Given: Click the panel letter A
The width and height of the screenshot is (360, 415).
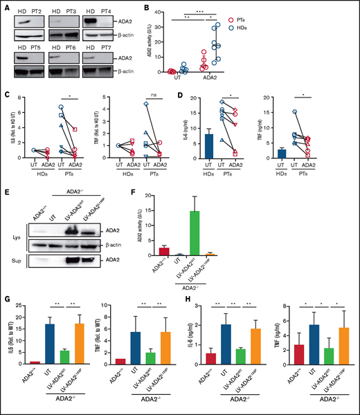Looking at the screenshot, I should click(x=6, y=7).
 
